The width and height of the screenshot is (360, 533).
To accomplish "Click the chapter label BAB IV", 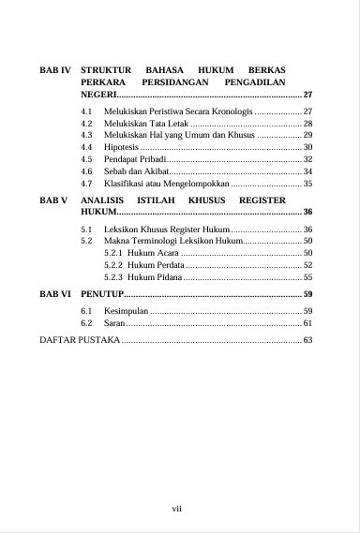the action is [x=55, y=70].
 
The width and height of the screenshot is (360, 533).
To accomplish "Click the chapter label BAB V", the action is [x=53, y=200].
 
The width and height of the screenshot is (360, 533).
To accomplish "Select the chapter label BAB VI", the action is [x=55, y=293].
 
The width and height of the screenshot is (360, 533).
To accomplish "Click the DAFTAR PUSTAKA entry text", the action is [x=79, y=339].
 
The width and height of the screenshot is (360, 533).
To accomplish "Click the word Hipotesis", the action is [x=121, y=147].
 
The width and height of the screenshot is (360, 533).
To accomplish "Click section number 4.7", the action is [x=87, y=185].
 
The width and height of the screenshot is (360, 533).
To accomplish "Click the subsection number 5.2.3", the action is [x=113, y=277].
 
